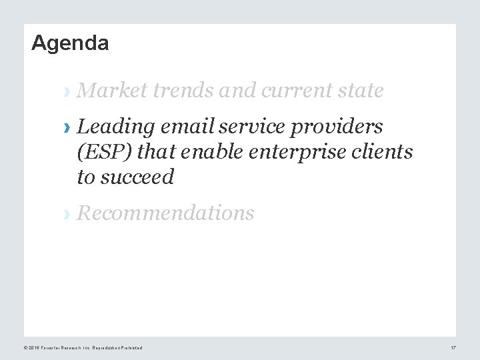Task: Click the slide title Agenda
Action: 70,43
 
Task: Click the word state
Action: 363,91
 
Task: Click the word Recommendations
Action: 165,213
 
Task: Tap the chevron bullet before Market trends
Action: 65,91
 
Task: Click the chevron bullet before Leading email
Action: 65,127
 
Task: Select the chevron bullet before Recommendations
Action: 65,214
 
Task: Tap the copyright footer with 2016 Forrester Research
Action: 83,349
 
